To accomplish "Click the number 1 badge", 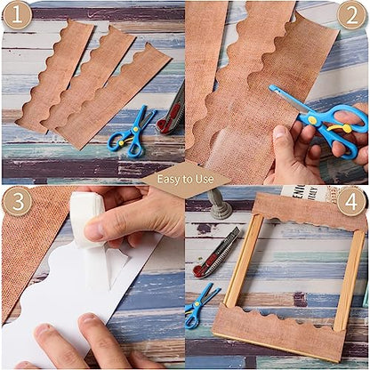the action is [x=18, y=15].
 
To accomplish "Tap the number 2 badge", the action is [x=352, y=15].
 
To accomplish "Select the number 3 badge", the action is [x=18, y=201].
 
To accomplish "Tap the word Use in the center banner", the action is [x=205, y=179].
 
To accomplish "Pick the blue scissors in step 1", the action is [x=131, y=133].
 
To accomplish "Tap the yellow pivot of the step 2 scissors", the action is [x=311, y=119].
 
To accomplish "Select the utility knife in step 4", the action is [x=217, y=253].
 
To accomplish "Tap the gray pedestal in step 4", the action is [x=219, y=204].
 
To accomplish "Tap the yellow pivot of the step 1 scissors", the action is [x=135, y=129].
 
